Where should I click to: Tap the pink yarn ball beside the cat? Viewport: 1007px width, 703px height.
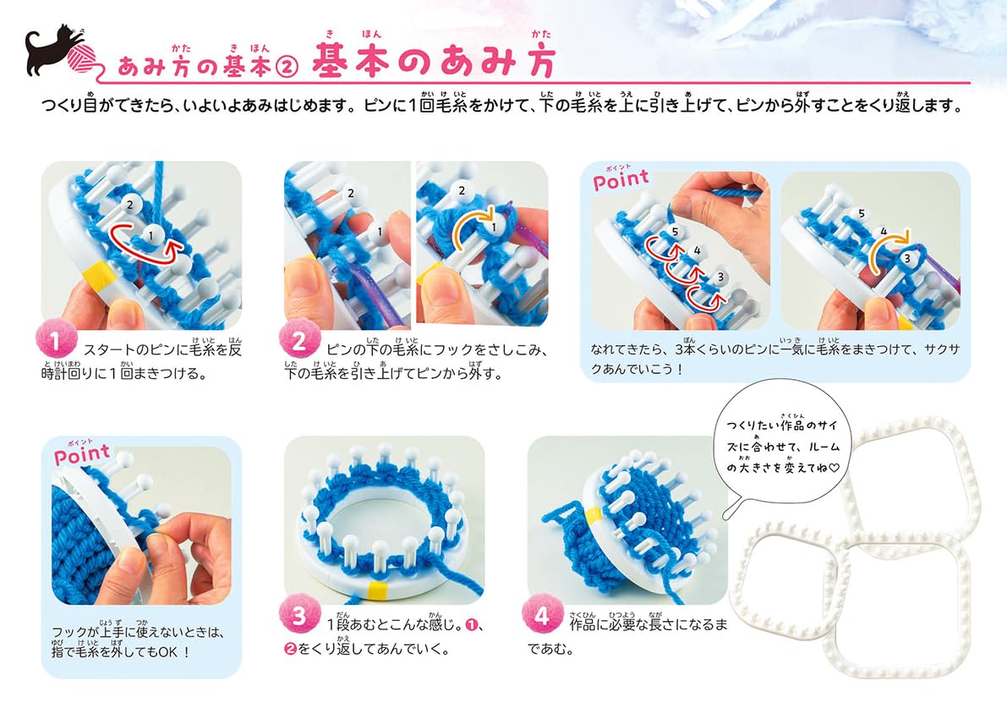click(x=81, y=58)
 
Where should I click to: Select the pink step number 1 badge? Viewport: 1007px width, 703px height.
click(x=56, y=341)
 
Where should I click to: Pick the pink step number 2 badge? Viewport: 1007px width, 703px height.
click(x=299, y=341)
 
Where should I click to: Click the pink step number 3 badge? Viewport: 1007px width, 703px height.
click(x=299, y=616)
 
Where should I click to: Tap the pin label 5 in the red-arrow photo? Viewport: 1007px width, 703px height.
click(x=675, y=232)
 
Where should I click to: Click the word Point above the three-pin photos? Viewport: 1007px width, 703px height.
click(x=621, y=180)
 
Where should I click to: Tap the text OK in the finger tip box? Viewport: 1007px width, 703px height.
click(x=168, y=651)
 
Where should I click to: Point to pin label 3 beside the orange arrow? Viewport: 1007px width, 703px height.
click(x=907, y=258)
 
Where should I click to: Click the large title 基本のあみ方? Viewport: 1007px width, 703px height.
click(x=434, y=61)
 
